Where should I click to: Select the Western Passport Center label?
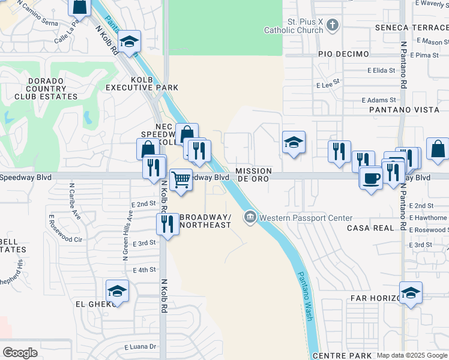coord(306,217)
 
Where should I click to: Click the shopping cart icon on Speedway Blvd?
coord(181,179)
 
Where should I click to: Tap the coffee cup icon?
coord(371,178)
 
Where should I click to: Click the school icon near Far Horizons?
coord(411,293)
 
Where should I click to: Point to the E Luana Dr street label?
coord(140,347)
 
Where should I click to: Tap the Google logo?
coord(20,353)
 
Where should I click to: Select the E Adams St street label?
coord(379,100)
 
